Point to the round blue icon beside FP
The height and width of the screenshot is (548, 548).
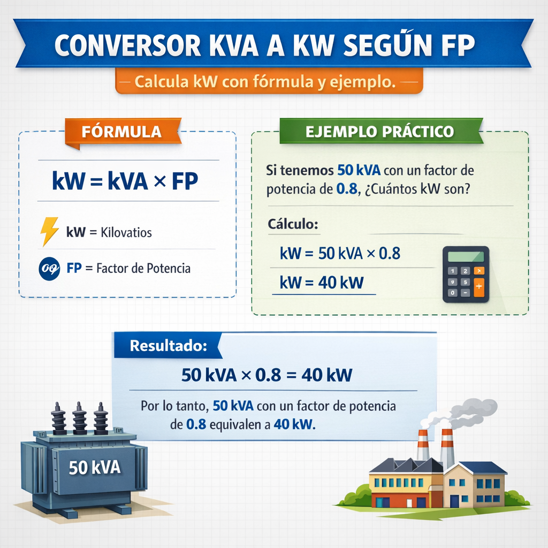pyautogui.click(x=49, y=268)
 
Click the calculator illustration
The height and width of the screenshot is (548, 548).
pyautogui.click(x=466, y=274)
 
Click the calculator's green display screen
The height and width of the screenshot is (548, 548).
pyautogui.click(x=466, y=256)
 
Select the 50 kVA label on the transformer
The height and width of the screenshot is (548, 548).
pyautogui.click(x=95, y=468)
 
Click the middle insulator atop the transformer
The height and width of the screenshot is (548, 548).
pyautogui.click(x=80, y=418)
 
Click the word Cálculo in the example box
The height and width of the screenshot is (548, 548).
pyautogui.click(x=293, y=224)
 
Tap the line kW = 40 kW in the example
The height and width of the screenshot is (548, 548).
pyautogui.click(x=321, y=282)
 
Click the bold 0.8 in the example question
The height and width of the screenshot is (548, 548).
pyautogui.click(x=347, y=191)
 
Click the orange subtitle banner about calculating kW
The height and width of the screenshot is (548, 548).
pyautogui.click(x=269, y=83)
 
